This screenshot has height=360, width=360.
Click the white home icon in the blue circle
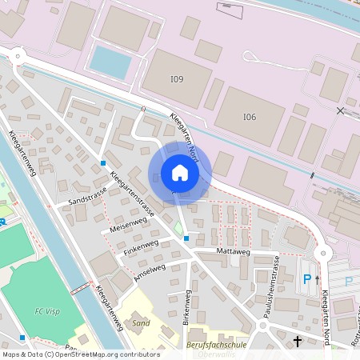coord(180,172)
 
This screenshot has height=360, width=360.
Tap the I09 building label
coord(176,78)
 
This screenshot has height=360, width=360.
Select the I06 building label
coord(250,117)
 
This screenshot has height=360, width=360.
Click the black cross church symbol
coord(298,342)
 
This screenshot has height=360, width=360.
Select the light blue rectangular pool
coord(110,62)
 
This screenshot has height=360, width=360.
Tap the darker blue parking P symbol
coord(306,279)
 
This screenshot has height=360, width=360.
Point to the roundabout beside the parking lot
coord(323,254)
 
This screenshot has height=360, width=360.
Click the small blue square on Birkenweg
coord(186,238)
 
